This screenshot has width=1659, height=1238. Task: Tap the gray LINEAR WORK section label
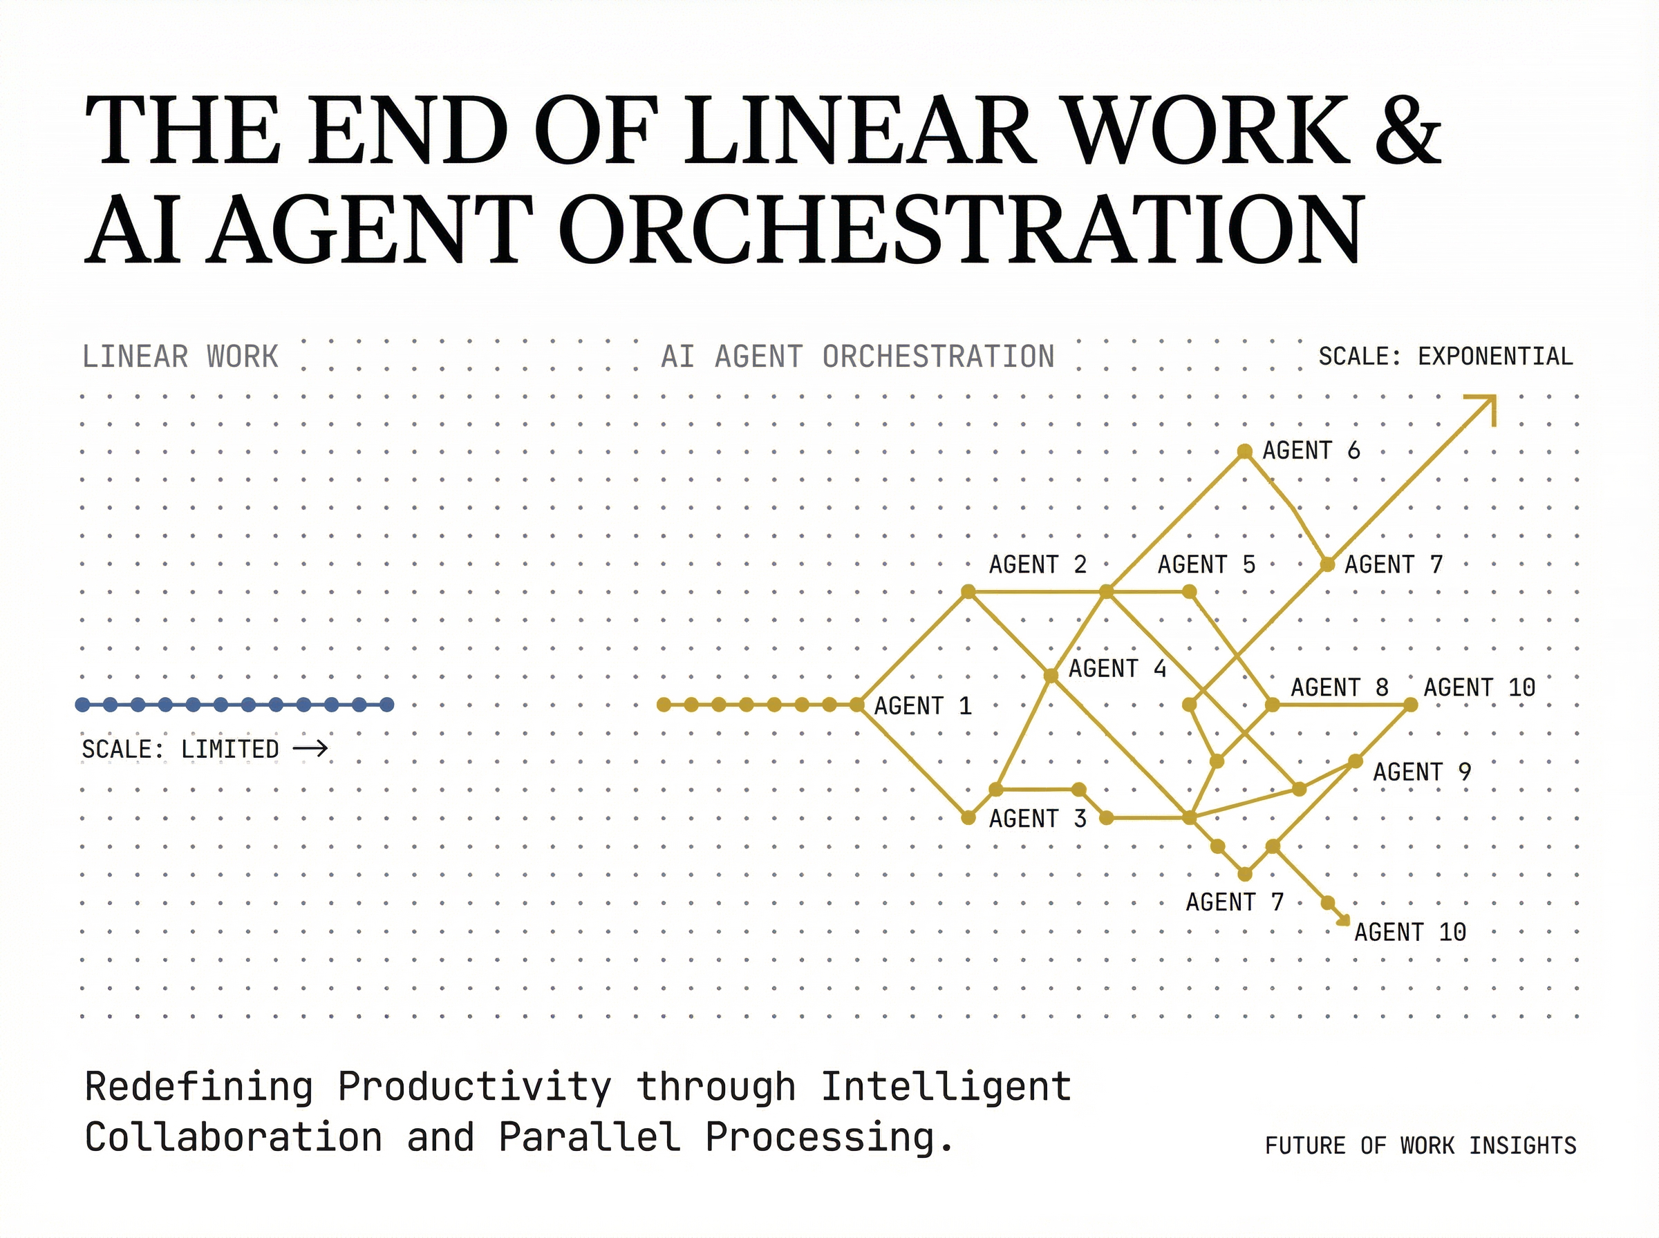click(x=180, y=356)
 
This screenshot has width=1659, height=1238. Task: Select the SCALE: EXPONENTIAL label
click(x=1445, y=356)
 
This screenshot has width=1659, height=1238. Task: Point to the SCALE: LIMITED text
click(x=180, y=749)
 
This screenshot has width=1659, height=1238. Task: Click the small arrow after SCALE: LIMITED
click(x=310, y=748)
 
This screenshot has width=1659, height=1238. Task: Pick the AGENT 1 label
click(x=922, y=706)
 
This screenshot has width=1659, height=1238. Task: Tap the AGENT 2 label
click(x=1038, y=564)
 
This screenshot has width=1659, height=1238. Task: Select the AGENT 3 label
click(x=1038, y=819)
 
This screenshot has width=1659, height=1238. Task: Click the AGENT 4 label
click(x=1117, y=669)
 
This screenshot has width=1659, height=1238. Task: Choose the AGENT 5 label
click(x=1206, y=564)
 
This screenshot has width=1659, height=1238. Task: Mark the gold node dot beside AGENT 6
click(x=1244, y=451)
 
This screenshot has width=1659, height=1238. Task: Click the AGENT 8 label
click(x=1340, y=687)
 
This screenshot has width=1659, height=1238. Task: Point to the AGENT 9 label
click(x=1422, y=772)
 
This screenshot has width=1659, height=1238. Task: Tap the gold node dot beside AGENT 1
click(x=857, y=705)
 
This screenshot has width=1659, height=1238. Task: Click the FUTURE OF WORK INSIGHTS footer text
click(x=1421, y=1146)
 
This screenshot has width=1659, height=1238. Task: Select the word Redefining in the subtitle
click(x=198, y=1087)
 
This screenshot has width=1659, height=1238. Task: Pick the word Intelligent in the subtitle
click(x=946, y=1087)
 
